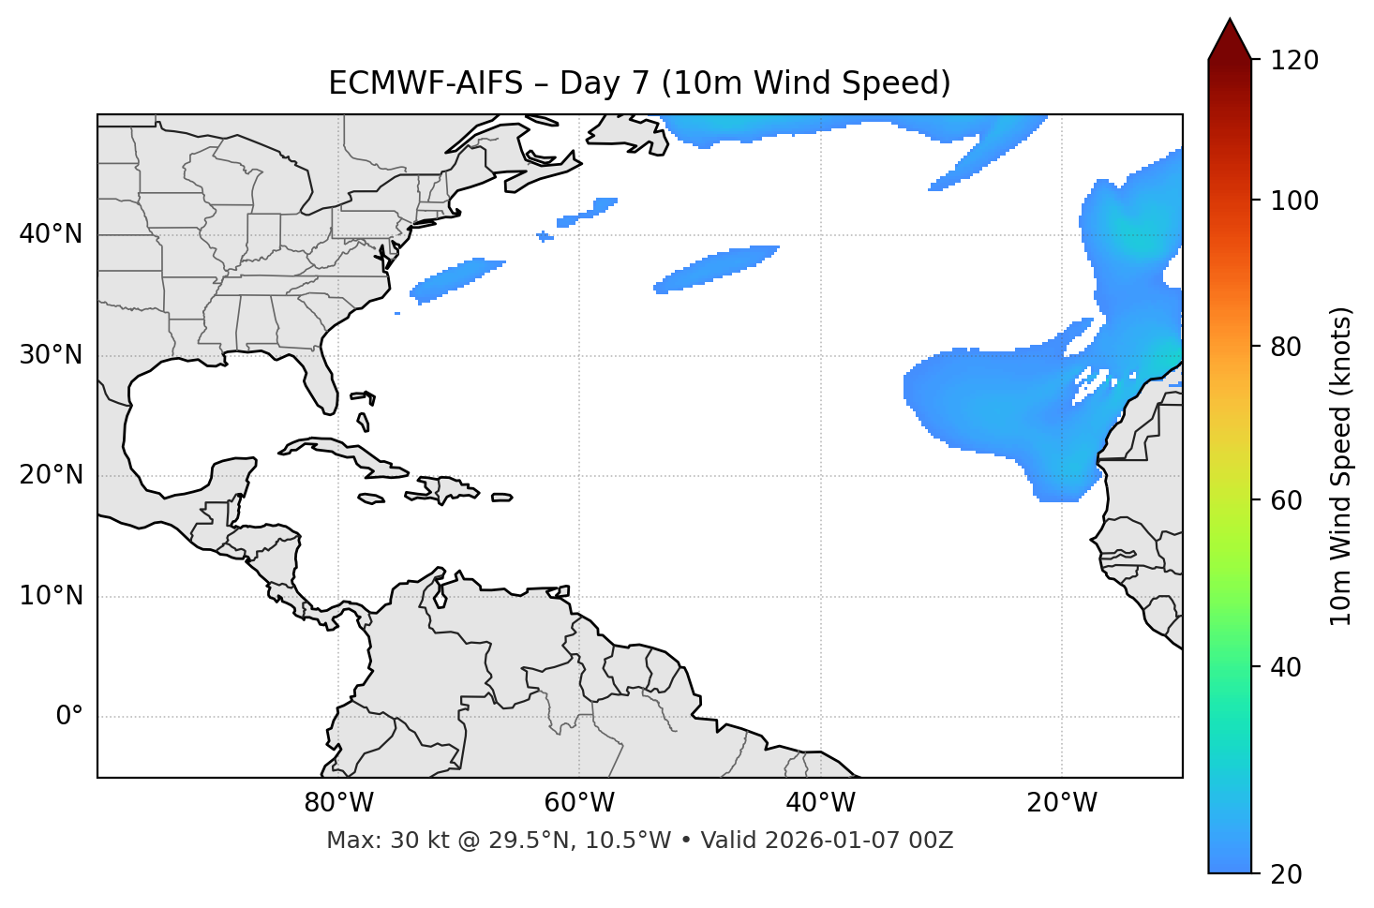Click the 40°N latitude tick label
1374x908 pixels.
(51, 234)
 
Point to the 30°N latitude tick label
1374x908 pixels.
(51, 355)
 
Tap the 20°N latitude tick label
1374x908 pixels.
(51, 475)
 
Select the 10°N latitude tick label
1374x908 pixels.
(51, 596)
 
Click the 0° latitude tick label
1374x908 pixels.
(69, 717)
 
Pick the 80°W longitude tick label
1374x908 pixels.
(338, 803)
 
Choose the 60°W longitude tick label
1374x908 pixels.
(579, 803)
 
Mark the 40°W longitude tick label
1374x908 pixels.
(820, 803)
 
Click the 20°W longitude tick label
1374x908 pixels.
(1061, 803)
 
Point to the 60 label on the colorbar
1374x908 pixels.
(1290, 500)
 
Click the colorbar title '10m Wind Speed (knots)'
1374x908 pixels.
(1341, 466)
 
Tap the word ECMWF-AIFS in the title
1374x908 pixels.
(426, 83)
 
